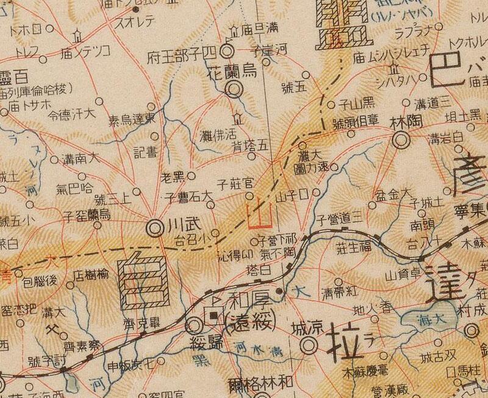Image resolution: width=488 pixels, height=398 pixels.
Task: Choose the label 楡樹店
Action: click(x=91, y=275)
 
